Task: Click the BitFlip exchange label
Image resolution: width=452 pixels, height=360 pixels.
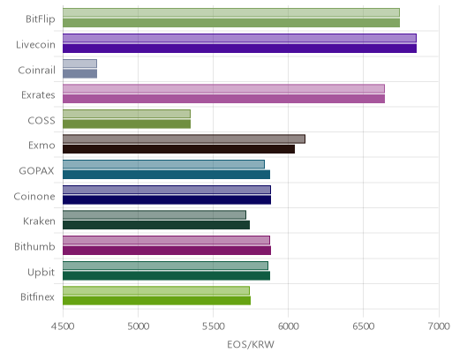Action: (41, 19)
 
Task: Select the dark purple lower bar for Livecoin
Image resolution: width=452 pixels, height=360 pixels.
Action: (239, 49)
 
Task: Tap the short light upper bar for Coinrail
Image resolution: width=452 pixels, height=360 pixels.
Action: (79, 64)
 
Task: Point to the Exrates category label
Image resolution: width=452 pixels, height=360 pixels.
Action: (38, 95)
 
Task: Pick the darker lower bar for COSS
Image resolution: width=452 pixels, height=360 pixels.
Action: (126, 124)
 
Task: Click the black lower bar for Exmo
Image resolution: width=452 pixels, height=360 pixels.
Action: (178, 149)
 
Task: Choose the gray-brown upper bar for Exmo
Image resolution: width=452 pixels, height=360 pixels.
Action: (184, 139)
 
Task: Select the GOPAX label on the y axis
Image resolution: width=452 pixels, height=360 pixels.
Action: (36, 171)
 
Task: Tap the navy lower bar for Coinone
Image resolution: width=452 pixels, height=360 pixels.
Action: (167, 200)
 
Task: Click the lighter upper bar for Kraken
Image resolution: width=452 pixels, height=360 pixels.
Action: (154, 215)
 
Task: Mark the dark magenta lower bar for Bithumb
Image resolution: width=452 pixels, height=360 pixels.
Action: (167, 251)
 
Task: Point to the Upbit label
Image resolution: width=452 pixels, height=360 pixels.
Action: (41, 273)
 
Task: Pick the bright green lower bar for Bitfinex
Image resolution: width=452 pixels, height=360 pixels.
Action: (156, 301)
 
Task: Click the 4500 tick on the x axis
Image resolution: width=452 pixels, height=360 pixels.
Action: (63, 326)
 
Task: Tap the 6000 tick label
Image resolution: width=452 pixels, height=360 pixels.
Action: (288, 326)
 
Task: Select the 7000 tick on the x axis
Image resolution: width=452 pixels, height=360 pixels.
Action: (439, 326)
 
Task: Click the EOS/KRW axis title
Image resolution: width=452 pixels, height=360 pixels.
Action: (251, 344)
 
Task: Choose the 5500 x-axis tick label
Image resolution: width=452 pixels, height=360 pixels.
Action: (213, 326)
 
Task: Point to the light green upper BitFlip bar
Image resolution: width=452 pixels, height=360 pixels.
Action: (231, 12)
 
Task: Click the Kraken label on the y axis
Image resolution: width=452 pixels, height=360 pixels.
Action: (39, 221)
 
